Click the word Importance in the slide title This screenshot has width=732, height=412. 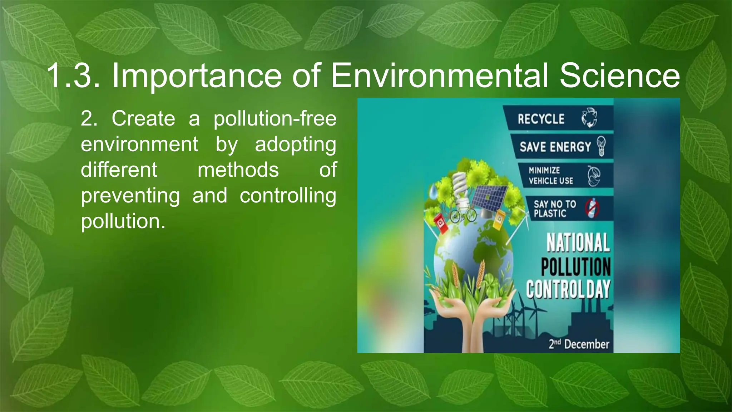click(197, 76)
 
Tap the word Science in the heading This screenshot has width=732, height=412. click(619, 76)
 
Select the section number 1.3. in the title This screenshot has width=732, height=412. click(73, 76)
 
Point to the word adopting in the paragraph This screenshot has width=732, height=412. click(295, 144)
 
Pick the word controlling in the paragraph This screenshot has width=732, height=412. click(288, 196)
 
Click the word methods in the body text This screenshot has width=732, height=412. click(238, 170)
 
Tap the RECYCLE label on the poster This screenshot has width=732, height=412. click(541, 119)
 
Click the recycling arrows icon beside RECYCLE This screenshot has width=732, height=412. click(589, 118)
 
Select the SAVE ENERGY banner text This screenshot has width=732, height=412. click(555, 147)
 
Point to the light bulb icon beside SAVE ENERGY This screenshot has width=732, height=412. click(602, 146)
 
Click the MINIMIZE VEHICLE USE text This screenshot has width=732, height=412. click(551, 176)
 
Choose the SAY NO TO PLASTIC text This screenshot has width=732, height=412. click(555, 209)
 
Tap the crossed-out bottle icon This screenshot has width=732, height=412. click(592, 208)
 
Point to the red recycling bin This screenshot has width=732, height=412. click(441, 224)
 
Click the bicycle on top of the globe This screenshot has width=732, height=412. click(463, 215)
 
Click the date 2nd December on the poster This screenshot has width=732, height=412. click(579, 344)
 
